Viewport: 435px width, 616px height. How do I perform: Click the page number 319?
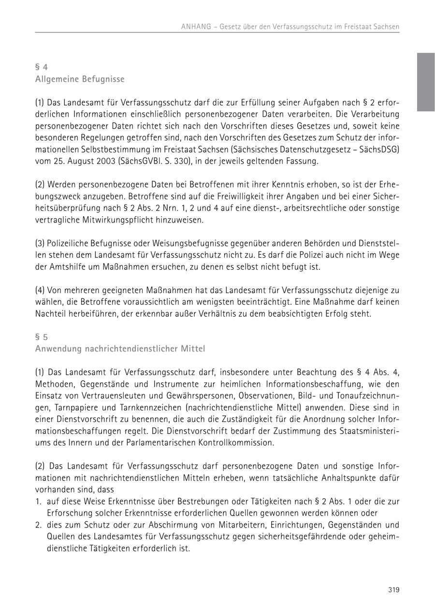[393, 589]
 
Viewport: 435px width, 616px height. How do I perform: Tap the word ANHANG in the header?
[196, 27]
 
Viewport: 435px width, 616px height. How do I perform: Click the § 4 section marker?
[42, 67]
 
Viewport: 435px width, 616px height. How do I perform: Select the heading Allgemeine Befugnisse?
[80, 79]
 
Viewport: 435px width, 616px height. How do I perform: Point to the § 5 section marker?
[42, 337]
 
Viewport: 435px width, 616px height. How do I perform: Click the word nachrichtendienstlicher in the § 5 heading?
[137, 349]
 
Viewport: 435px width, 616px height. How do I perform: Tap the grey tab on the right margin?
[426, 82]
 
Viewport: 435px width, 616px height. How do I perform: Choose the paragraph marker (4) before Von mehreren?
[40, 290]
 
